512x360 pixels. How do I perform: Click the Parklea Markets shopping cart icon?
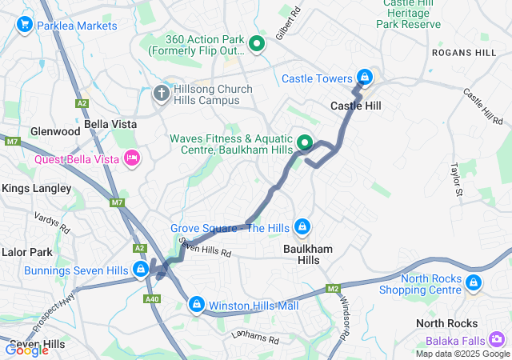point(24,26)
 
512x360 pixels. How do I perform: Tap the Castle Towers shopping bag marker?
point(365,77)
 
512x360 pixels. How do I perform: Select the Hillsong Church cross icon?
point(162,94)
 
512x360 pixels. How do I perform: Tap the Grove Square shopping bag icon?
point(302,228)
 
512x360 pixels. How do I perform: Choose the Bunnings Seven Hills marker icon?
point(141,269)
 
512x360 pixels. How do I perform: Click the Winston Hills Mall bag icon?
point(197,305)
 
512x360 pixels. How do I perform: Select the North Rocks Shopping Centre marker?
point(474,282)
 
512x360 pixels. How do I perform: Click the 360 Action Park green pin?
point(257,43)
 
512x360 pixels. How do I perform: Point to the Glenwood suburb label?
point(55,131)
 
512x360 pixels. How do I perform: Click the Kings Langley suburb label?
point(37,188)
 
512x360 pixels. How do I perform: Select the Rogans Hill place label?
point(464,52)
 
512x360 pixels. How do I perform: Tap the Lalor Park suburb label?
point(27,251)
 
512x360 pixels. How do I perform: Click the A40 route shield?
point(153,298)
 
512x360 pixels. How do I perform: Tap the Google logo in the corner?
point(27,349)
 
